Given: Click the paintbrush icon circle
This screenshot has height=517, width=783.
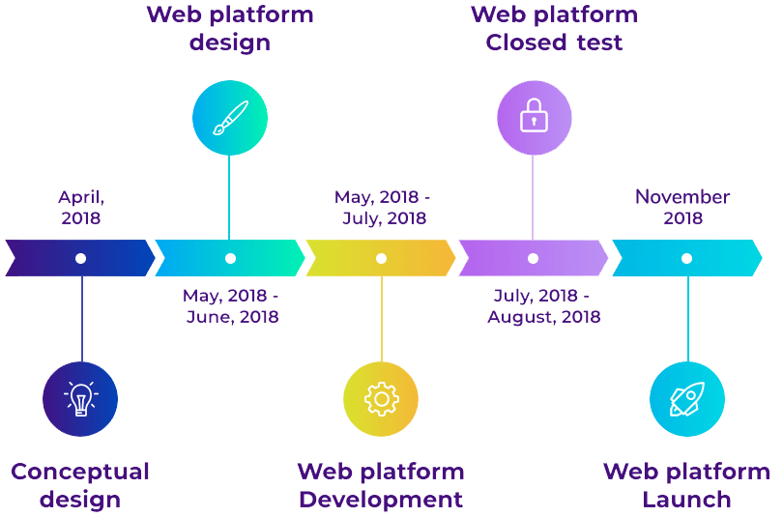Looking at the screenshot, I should (x=229, y=118).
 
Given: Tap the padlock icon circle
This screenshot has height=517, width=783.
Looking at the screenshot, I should (x=534, y=118).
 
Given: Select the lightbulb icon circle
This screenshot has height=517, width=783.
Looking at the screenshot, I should (x=80, y=398).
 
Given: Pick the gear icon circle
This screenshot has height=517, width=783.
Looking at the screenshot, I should (x=381, y=398).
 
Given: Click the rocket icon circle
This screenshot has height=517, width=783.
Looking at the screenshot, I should (x=686, y=398).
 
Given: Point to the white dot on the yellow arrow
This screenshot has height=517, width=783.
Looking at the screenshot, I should (x=381, y=258).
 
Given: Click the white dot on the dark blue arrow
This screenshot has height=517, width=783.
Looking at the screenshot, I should (x=80, y=258).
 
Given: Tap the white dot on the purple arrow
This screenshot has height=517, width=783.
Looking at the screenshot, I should (x=533, y=258).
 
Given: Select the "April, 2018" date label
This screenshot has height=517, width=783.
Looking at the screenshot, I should (x=81, y=207).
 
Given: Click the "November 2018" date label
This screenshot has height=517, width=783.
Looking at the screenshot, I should (x=682, y=207).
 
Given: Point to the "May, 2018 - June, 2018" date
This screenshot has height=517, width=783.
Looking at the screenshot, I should (x=231, y=305).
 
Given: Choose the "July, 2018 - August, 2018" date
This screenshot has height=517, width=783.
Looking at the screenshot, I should (x=543, y=305).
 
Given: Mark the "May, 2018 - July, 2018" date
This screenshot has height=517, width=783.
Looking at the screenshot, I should (x=383, y=207).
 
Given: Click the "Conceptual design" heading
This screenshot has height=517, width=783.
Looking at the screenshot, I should (x=80, y=485).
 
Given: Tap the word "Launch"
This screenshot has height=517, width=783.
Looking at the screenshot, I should (x=686, y=500).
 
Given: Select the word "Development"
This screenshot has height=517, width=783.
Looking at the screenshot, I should (x=381, y=500).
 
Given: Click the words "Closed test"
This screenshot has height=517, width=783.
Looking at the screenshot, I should (x=554, y=43).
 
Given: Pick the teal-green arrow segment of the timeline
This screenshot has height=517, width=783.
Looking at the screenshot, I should (x=261, y=258).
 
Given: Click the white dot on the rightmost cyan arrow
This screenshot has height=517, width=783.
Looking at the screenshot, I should (x=686, y=258).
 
